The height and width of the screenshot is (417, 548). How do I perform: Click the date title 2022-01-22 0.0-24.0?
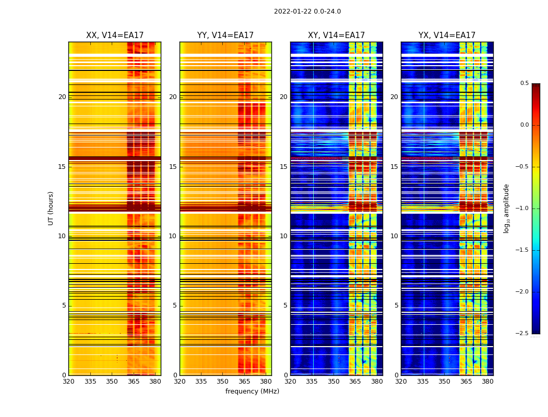[x=307, y=11]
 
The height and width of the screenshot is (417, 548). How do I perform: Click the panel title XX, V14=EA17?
[x=115, y=35]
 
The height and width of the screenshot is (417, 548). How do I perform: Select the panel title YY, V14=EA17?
[x=225, y=35]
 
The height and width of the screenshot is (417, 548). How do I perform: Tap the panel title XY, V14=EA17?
[x=336, y=35]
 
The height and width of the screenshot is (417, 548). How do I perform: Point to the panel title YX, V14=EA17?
[x=447, y=35]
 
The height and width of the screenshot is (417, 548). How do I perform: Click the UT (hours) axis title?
[x=51, y=208]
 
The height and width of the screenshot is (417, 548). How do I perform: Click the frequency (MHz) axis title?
[x=252, y=391]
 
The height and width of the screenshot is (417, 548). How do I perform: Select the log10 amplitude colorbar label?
[x=506, y=208]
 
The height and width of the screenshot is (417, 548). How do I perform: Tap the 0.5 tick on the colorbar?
[x=524, y=83]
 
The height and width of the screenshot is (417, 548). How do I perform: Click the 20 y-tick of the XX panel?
[x=62, y=97]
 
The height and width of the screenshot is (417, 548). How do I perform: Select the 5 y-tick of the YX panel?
[x=397, y=305]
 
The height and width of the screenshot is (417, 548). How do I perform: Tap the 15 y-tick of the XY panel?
[x=283, y=167]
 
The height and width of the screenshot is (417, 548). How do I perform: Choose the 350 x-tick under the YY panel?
[x=223, y=382]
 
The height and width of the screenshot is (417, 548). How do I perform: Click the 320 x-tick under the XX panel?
[x=68, y=382]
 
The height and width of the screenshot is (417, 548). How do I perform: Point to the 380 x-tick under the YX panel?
[x=487, y=382]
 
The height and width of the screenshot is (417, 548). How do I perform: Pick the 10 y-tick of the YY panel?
[x=173, y=236]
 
